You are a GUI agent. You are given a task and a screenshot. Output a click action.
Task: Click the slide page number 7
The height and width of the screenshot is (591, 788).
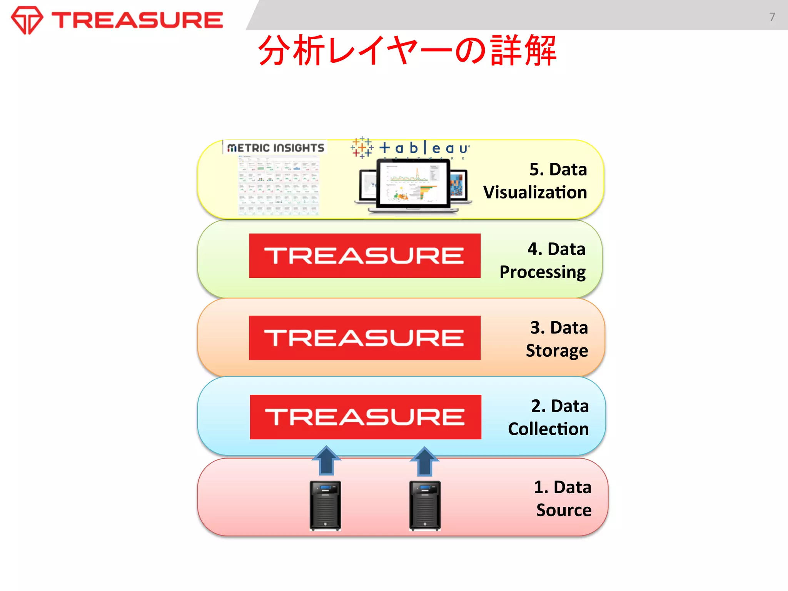(x=772, y=17)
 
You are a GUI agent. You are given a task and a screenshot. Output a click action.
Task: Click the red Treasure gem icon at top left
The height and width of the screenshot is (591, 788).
(x=27, y=20)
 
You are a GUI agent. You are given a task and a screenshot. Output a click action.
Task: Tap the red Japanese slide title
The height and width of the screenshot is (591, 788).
(x=407, y=50)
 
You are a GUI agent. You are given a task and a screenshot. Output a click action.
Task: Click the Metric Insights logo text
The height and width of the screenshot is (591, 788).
(x=275, y=148)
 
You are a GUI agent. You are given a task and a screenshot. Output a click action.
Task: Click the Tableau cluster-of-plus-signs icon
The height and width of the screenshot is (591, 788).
(x=362, y=147)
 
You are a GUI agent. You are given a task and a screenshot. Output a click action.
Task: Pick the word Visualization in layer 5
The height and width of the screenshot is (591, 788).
(x=535, y=192)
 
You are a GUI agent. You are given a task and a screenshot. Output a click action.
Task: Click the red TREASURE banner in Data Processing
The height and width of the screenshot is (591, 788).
(x=365, y=255)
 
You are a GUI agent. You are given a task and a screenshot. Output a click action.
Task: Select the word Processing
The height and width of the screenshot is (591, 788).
(x=543, y=272)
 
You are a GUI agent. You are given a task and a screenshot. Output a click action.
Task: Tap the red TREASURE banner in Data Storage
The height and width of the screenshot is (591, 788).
(x=365, y=338)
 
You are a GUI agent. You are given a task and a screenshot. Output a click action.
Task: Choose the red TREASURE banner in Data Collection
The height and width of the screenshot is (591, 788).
(x=366, y=417)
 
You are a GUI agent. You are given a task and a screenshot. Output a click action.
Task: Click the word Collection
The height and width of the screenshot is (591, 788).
(x=548, y=429)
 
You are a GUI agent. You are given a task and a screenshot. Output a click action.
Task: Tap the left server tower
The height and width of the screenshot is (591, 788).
(x=325, y=506)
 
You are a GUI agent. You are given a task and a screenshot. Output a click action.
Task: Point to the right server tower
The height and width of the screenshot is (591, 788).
(x=425, y=506)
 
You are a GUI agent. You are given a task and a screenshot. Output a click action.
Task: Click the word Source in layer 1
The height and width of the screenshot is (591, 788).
(x=564, y=510)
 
